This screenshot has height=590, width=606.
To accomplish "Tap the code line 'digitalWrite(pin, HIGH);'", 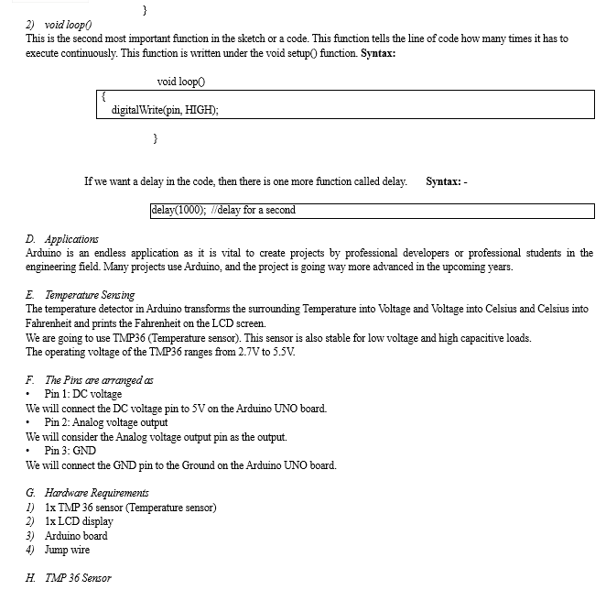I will click(x=165, y=110).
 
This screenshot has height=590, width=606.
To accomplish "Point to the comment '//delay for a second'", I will click(x=253, y=210).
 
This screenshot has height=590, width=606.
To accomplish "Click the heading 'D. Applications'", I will click(x=62, y=239).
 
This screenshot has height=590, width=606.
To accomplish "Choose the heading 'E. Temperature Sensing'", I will click(x=81, y=295).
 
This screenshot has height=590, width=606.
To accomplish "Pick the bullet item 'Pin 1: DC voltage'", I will click(x=82, y=394).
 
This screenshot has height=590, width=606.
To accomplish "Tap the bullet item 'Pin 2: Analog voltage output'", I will click(x=106, y=422).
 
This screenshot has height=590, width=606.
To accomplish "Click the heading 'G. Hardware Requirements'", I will click(x=87, y=493).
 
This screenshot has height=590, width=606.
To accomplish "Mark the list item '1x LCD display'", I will click(x=79, y=521).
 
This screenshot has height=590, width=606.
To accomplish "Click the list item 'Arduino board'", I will click(x=76, y=536).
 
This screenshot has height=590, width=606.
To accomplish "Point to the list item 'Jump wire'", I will click(x=67, y=550).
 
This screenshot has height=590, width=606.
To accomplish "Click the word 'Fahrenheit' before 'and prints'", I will click(x=51, y=323).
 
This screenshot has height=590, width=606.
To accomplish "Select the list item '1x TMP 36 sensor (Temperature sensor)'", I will click(x=130, y=508).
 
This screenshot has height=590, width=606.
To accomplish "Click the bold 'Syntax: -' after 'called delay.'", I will click(x=447, y=181).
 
